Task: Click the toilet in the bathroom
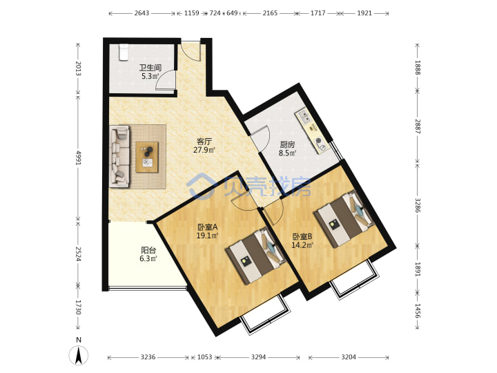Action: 124,52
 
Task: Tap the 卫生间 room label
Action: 150,68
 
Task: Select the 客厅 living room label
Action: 204,141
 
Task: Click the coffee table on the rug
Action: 147,157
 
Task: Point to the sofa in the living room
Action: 119,156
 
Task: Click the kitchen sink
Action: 305,117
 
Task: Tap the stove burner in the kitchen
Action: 320,144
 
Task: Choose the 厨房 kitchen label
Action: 287,145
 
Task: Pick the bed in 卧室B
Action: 344,219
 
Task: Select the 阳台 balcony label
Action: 148,250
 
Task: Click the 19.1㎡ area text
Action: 207,236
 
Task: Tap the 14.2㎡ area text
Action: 302,245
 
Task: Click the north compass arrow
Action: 78,355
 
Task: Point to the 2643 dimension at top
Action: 142,13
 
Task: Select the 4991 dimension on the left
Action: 78,157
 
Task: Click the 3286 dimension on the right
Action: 418,206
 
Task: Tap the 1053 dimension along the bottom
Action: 205,357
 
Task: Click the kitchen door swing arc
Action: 266,136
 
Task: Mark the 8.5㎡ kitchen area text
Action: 287,153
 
